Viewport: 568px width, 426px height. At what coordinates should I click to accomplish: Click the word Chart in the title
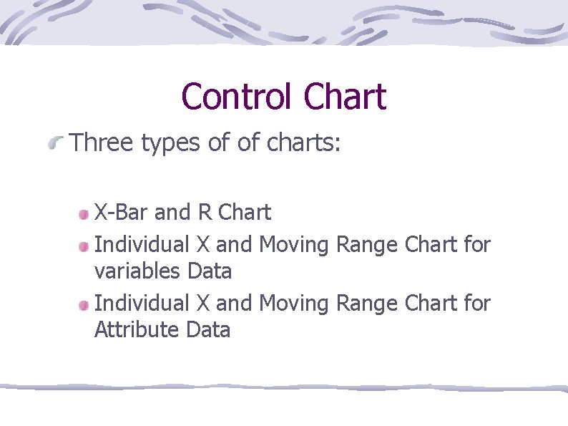click(344, 97)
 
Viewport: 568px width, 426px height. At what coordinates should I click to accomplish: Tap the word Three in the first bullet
click(102, 143)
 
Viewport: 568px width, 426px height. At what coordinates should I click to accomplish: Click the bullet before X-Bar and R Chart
click(84, 213)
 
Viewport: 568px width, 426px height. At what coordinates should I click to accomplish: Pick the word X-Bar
click(122, 213)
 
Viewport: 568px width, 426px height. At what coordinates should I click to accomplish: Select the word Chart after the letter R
click(245, 213)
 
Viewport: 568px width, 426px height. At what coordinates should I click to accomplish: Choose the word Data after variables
click(210, 271)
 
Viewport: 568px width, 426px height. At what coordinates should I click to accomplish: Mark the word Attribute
click(137, 330)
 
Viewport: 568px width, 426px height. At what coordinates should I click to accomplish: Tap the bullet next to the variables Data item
click(84, 246)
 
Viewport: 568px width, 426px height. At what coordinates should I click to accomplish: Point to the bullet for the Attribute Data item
click(84, 305)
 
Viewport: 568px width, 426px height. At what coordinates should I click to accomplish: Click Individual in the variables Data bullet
click(142, 245)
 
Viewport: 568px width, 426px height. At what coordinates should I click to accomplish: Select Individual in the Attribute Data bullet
click(142, 304)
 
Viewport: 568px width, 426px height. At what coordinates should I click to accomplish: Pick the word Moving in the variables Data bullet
click(293, 246)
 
